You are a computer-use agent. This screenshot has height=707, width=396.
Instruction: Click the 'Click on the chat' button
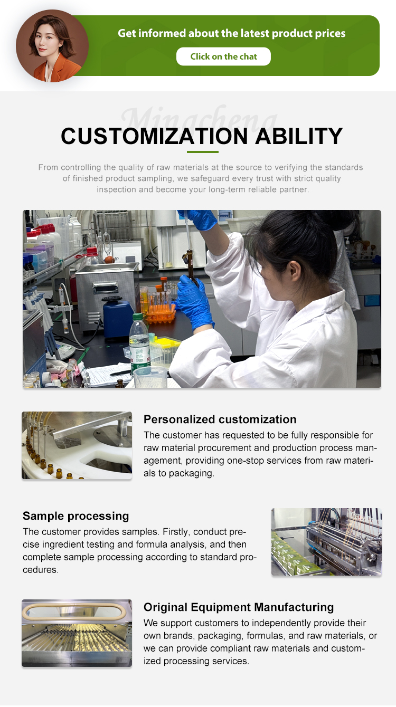tap(223, 56)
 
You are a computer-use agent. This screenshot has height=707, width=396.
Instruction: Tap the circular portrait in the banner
tap(52, 46)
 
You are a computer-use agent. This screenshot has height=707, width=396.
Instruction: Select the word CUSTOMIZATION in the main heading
tap(154, 136)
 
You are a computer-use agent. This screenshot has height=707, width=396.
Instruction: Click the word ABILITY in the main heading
tap(299, 136)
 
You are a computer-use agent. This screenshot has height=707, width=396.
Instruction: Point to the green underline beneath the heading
tap(202, 152)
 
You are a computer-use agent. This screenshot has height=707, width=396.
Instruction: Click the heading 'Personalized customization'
tap(220, 419)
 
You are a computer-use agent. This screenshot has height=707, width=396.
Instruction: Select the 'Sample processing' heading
tap(76, 515)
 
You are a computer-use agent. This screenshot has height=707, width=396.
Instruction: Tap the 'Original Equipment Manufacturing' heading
tap(239, 607)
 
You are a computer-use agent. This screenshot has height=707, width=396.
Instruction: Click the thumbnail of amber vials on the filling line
tap(77, 445)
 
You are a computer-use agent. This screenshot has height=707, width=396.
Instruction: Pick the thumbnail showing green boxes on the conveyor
tap(326, 542)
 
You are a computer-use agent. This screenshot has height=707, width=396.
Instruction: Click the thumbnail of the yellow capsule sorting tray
tap(77, 633)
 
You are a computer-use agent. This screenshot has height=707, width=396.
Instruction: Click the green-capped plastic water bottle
tap(139, 344)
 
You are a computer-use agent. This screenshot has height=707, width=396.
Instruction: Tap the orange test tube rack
tap(161, 312)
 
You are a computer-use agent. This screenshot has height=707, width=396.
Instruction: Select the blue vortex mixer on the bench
tap(118, 317)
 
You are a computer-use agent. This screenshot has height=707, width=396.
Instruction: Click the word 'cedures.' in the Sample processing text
tap(41, 570)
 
